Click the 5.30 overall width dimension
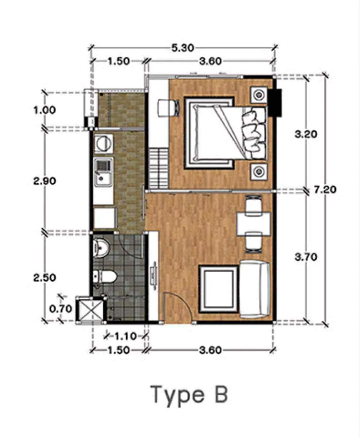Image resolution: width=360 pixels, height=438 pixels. click(182, 48)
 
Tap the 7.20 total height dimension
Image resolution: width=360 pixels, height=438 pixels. click(325, 190)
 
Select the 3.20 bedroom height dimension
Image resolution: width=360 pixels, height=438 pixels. click(306, 134)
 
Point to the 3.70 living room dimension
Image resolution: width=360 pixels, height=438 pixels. click(306, 257)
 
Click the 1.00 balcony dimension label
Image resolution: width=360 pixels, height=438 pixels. click(45, 110)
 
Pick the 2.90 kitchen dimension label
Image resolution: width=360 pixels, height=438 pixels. click(45, 181)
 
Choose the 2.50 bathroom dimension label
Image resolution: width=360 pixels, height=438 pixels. click(45, 278)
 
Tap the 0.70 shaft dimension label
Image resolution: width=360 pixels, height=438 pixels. click(61, 309)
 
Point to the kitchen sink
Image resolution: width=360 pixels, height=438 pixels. click(103, 172)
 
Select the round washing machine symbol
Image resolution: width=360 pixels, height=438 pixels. click(104, 144)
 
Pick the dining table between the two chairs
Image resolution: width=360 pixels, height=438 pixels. click(254, 224)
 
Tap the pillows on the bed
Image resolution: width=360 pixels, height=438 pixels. click(254, 133)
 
